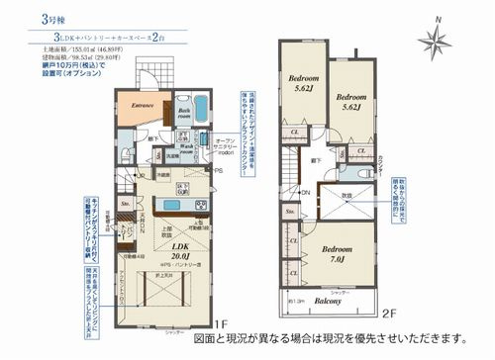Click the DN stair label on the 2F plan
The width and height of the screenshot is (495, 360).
coord(307,191)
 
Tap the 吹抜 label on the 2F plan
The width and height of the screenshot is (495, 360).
coord(346,196)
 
